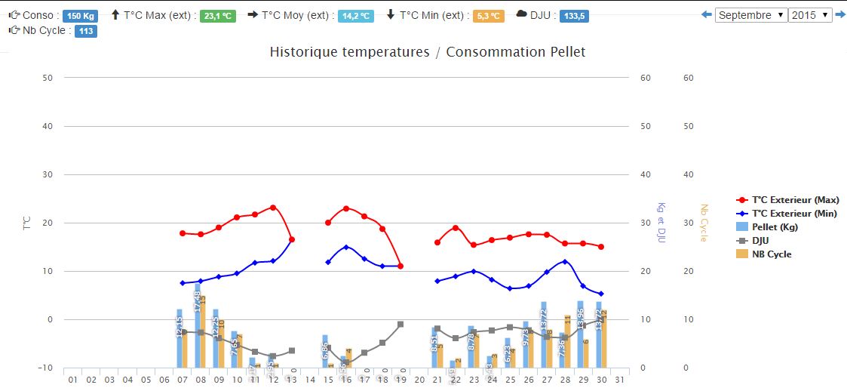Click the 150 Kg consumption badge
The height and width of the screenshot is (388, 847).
coord(79,16)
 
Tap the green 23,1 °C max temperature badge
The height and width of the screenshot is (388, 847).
coord(219,16)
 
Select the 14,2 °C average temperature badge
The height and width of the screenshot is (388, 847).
coord(357,16)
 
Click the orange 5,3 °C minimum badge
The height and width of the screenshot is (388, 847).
coord(488,16)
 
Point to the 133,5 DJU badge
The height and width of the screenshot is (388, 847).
coord(574,16)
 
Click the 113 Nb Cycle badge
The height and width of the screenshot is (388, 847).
coord(85,31)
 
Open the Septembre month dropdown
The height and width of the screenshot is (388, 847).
coord(750,15)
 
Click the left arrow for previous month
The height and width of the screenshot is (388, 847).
coord(706,15)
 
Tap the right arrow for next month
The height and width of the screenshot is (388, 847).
coord(840,15)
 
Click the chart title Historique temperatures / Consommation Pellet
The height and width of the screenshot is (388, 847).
coord(427,52)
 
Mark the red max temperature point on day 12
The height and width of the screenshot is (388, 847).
coord(273,207)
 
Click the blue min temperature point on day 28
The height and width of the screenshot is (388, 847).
coord(565,262)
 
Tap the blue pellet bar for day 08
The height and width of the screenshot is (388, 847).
coord(198,325)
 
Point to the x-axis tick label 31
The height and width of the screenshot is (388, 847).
coord(619,379)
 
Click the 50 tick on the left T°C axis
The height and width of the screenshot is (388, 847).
coord(48,78)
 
